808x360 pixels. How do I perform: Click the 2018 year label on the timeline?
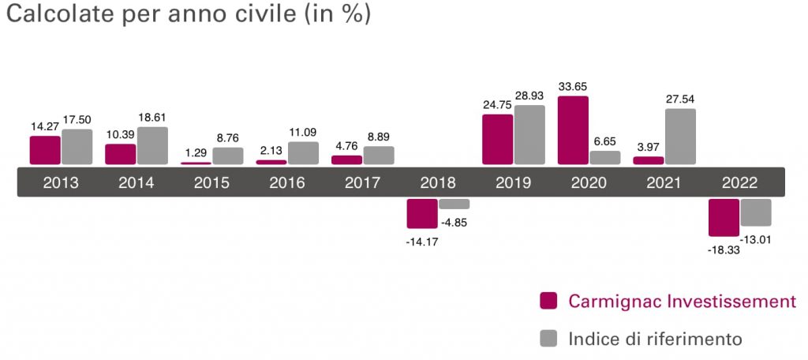pos(438,183)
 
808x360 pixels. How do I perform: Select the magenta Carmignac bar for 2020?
pos(573,130)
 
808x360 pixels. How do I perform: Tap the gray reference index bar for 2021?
pos(681,137)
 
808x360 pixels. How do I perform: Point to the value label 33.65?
pos(573,87)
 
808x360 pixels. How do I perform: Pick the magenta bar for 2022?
pos(724,217)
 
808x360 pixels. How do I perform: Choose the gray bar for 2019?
pos(529,135)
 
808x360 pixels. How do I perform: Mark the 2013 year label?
pos(61,183)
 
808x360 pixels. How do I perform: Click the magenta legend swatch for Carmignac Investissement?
pos(548,301)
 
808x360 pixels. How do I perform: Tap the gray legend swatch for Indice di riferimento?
pos(548,339)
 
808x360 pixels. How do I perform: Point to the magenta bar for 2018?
pos(422,213)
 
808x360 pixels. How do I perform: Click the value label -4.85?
pos(455,221)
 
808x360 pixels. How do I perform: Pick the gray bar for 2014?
pos(152,145)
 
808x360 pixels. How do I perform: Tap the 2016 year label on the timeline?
pos(286,183)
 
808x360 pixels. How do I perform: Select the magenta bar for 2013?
pos(45,150)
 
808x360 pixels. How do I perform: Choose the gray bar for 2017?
pos(379,155)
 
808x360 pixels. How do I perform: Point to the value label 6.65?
pos(605,141)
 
